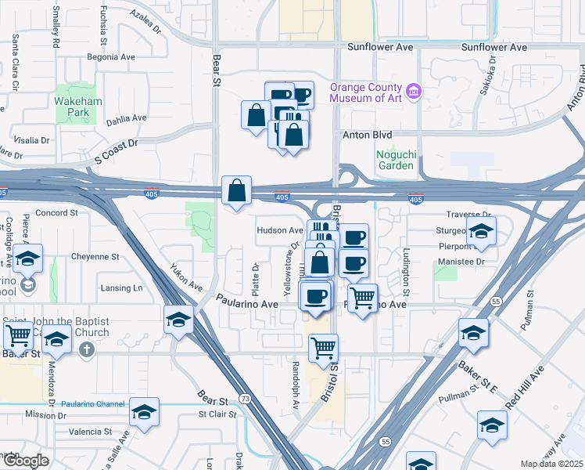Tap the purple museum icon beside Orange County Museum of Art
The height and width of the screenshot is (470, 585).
pos(414,92)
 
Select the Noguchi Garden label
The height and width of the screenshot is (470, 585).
pos(395,159)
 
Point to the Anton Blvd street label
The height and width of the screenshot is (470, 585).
pos(367,135)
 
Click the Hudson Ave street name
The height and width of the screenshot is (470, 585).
pos(279,230)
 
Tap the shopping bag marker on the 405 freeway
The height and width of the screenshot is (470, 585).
pos(236,191)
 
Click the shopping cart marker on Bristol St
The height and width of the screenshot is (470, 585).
pos(323,347)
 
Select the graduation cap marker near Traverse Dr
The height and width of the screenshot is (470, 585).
pos(481,230)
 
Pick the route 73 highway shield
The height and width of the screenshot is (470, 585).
pos(245,399)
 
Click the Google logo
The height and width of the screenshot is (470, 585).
pos(25,461)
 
